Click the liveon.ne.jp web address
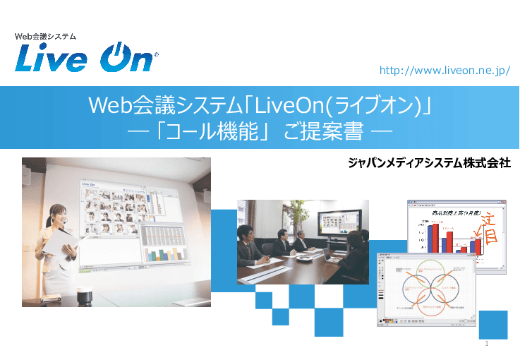point(444,71)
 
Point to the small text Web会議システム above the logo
point(45,35)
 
